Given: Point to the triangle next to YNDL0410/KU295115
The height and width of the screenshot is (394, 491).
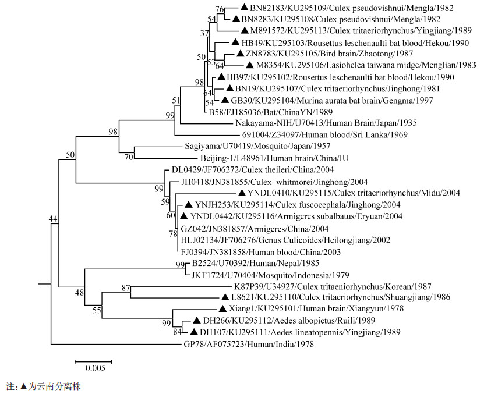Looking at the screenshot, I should point(241,193).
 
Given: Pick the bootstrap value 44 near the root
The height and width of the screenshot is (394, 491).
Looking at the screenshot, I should point(54,218).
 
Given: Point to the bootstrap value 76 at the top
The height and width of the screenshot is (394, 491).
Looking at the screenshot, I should point(219,9).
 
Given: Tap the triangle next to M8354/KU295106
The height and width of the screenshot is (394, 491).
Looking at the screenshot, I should point(249,65).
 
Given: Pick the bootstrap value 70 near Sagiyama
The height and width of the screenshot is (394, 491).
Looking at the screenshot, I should point(129,157).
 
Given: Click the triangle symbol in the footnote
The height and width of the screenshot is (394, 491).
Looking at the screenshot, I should point(23,385).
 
